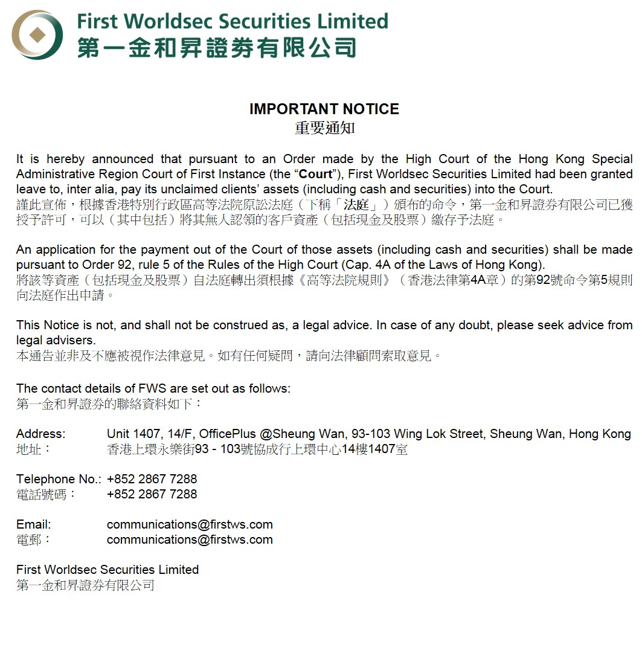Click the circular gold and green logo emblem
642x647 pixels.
click(x=37, y=34)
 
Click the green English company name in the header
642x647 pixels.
click(x=233, y=22)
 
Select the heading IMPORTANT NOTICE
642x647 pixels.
click(x=324, y=109)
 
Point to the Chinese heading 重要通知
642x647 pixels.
click(x=324, y=128)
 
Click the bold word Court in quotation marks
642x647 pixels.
click(x=316, y=175)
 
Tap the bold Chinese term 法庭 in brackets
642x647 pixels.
click(x=356, y=205)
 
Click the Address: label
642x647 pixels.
click(x=40, y=434)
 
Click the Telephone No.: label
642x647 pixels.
click(x=59, y=479)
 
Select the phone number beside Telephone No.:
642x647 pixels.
click(x=152, y=479)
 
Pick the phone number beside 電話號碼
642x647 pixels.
click(x=152, y=494)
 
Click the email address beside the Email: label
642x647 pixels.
click(x=190, y=524)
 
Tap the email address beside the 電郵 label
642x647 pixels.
click(x=190, y=539)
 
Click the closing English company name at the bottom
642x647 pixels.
click(x=108, y=570)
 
